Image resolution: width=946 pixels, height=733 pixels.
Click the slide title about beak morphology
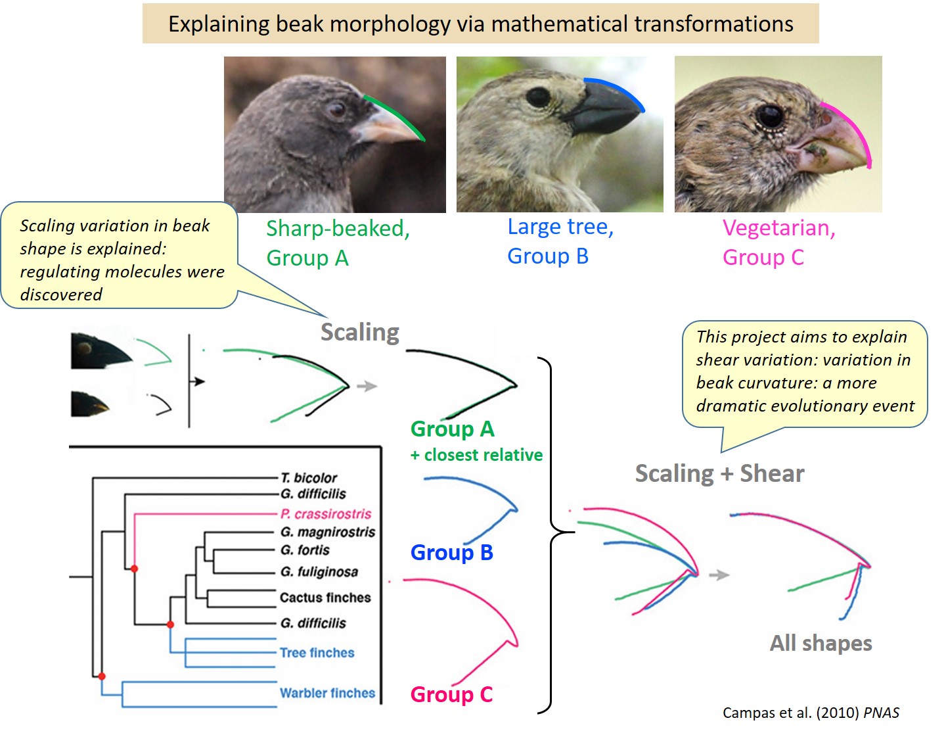(480, 24)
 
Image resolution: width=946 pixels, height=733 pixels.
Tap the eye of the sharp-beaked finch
(338, 109)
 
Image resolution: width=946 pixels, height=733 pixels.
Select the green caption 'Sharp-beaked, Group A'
(338, 243)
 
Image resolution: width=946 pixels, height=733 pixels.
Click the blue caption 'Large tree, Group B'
(560, 241)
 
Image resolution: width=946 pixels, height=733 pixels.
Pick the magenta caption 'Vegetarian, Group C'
(778, 242)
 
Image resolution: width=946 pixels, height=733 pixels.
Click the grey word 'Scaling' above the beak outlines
(359, 332)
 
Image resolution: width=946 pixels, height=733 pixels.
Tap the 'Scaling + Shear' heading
(719, 473)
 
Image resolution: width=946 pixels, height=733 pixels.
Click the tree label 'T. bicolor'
(308, 478)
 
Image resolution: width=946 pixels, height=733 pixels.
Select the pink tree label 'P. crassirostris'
(325, 513)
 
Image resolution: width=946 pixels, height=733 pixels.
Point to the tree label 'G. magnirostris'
(327, 532)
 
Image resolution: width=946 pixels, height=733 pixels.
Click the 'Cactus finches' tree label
(325, 598)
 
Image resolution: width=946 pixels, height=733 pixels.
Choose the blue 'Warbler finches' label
(327, 693)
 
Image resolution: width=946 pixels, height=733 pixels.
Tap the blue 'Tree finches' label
(317, 653)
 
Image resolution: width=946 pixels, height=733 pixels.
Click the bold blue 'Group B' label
(451, 552)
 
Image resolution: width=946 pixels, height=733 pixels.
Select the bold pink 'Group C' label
(451, 694)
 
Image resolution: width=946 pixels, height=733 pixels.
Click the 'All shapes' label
(821, 643)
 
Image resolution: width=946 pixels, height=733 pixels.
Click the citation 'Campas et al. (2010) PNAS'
(811, 713)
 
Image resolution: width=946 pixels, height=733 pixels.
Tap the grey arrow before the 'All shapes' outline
(719, 575)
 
